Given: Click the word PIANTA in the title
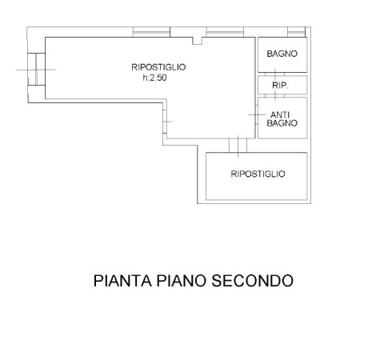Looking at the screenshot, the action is pos(122,281).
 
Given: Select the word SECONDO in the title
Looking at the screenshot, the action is pos(252,281).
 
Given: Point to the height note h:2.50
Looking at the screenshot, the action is pos(154,78).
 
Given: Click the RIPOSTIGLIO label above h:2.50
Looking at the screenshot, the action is pos(158,67).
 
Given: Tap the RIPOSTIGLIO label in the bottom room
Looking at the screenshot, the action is pos(258,174).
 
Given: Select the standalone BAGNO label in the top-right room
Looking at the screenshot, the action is pos(282,54).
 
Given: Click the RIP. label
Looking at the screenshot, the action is pos(280,86).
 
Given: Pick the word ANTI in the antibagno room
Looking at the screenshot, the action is pos(280,115).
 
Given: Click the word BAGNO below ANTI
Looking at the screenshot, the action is pos(282,123).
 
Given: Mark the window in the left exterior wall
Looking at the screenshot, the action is pos(36,70).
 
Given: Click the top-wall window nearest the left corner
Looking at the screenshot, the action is pos(151,32).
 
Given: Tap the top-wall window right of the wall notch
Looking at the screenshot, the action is pos(225,32).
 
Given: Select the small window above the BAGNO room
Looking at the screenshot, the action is pos(296,32).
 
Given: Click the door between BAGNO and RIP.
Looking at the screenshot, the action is pos(275,74).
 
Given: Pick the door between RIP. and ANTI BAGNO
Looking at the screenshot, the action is pos(275,96).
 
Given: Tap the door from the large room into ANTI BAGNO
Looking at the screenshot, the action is pos(257,114).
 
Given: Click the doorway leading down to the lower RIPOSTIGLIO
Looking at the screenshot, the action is pos(238,146).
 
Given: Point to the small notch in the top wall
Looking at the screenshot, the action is pos(198,41).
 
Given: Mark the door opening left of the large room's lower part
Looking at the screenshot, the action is pos(165,122).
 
